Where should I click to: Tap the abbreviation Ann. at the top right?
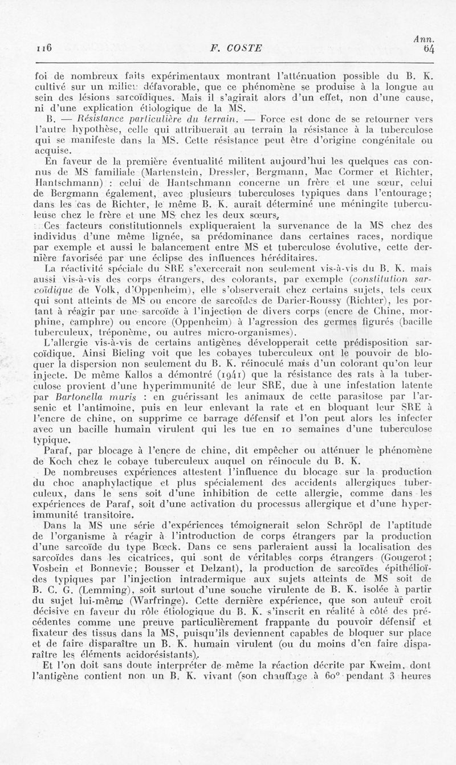[424, 39]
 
